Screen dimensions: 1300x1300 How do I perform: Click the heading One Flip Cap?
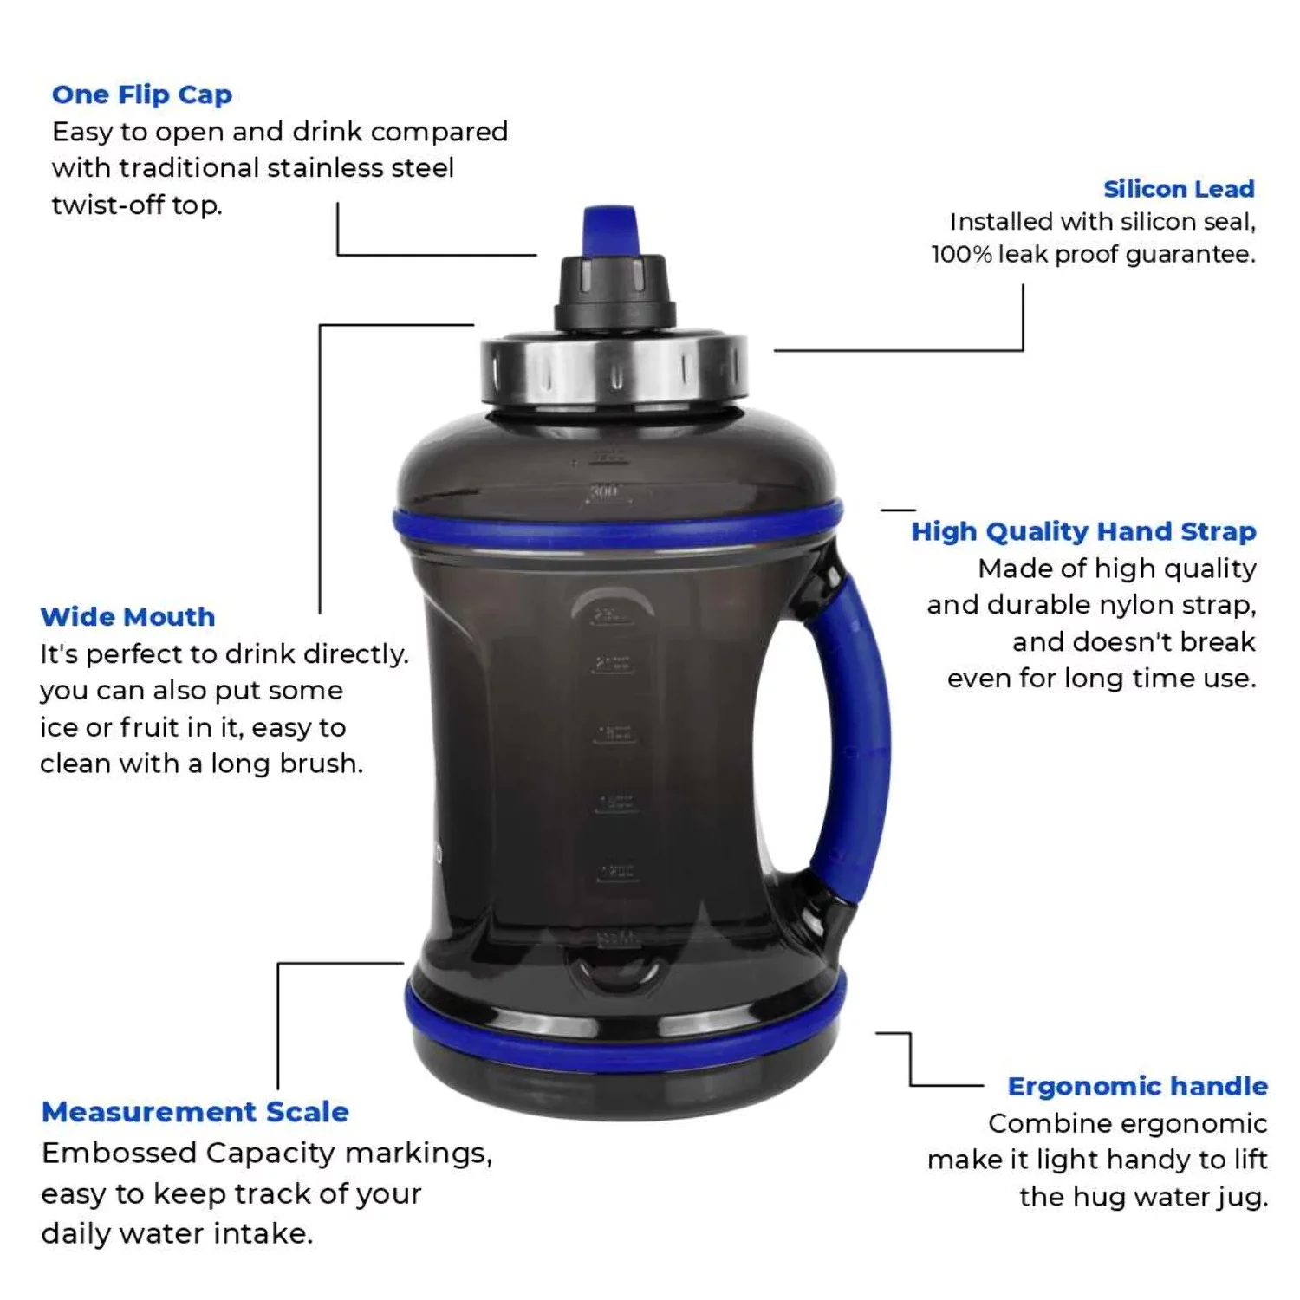click(x=142, y=94)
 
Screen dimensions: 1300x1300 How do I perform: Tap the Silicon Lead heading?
click(x=1179, y=189)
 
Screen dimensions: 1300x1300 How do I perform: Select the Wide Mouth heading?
click(x=127, y=617)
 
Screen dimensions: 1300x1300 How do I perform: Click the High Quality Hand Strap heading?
click(x=1083, y=531)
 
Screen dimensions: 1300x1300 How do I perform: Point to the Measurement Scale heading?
click(x=195, y=1112)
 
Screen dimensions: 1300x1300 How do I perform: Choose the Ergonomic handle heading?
click(x=1137, y=1087)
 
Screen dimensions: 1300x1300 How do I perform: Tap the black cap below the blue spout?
click(x=614, y=290)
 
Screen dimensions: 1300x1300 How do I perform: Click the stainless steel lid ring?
click(x=614, y=373)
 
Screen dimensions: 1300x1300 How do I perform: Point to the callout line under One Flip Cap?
click(x=433, y=255)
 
